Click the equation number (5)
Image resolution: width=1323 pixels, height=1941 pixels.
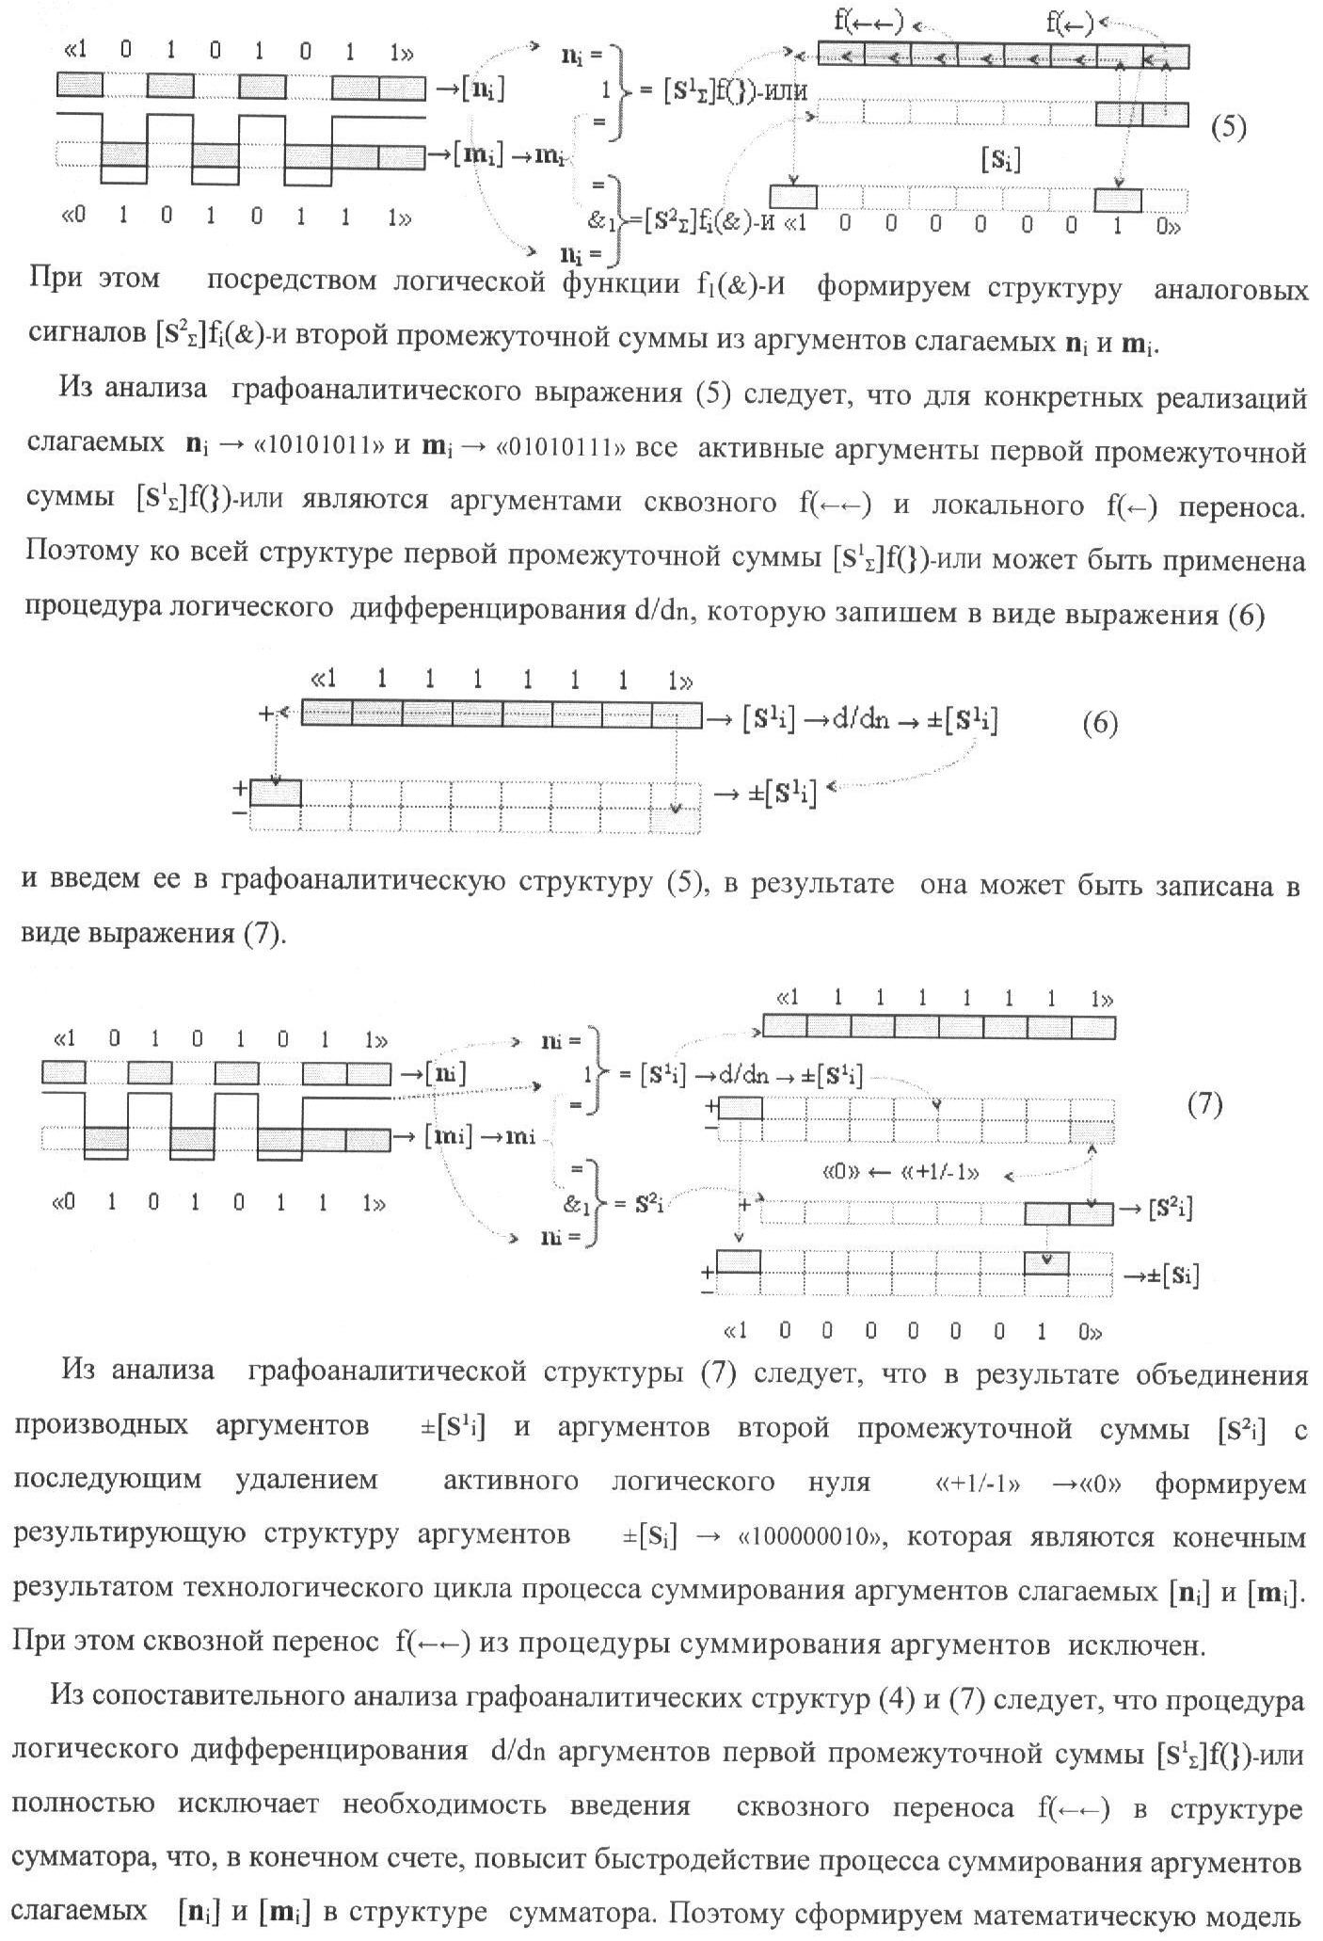[1228, 127]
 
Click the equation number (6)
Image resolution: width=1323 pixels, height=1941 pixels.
[1100, 724]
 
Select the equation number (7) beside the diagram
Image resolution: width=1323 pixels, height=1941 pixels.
[1204, 1104]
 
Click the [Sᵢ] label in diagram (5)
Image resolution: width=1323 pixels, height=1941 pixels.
[1000, 161]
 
